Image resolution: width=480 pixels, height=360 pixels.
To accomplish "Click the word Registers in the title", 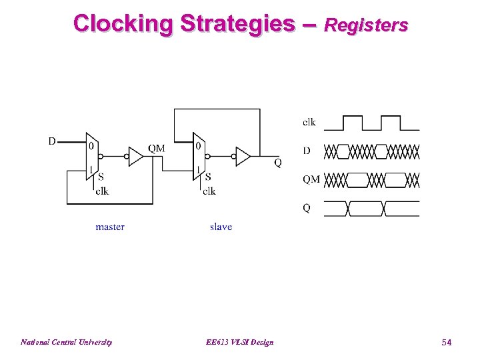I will [x=365, y=25].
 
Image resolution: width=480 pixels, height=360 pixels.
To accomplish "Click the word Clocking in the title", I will [x=123, y=23].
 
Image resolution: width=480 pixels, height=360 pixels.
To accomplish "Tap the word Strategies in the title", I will [x=236, y=23].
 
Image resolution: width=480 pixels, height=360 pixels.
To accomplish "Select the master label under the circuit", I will [x=110, y=227].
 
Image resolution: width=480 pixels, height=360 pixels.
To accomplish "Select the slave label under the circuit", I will [x=221, y=227].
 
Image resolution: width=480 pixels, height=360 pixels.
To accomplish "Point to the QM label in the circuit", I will [x=157, y=148].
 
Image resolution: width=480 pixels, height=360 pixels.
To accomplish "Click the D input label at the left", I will [x=52, y=141].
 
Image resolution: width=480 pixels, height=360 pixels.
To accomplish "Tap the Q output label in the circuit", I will [x=277, y=163].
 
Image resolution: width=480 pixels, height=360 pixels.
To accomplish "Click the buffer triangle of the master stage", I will [x=135, y=157].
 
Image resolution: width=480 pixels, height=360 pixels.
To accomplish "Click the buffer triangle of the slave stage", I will [x=243, y=157].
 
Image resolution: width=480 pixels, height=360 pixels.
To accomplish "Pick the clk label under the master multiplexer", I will [x=102, y=191].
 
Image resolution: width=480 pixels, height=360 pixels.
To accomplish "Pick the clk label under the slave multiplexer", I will [x=209, y=191].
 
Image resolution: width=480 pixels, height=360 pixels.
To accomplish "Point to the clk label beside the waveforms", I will [x=309, y=122].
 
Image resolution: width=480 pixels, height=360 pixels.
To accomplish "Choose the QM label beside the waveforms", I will [x=311, y=179].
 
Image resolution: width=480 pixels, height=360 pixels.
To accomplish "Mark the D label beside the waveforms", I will [x=307, y=151].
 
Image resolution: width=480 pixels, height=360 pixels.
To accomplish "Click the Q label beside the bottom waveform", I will [x=307, y=208].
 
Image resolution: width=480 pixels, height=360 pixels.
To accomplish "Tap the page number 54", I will [x=447, y=342].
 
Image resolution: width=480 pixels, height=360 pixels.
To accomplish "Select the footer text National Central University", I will [x=66, y=342].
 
